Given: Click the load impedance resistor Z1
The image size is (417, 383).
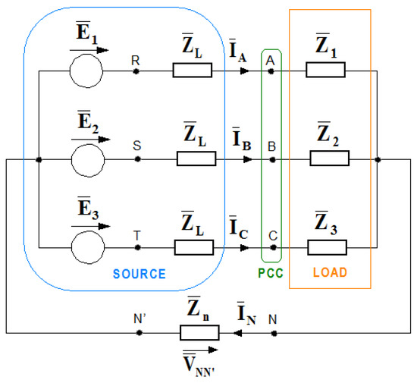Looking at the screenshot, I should (326, 71).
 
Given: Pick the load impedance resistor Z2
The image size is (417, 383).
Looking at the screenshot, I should (329, 159).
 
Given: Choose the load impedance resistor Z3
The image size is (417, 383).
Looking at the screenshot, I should (328, 247).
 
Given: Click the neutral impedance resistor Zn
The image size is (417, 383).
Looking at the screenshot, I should (199, 332).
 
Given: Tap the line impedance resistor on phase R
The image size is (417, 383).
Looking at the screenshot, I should (193, 71).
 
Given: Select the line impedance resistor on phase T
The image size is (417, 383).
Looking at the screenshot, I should (194, 247).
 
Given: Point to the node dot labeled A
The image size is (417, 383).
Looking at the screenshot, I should (271, 71).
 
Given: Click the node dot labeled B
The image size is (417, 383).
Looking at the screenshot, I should (271, 159).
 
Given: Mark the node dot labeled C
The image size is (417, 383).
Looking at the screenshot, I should (271, 247).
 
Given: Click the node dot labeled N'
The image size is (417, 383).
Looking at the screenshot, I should (139, 332).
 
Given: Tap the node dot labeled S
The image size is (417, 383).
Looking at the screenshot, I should (136, 160).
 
